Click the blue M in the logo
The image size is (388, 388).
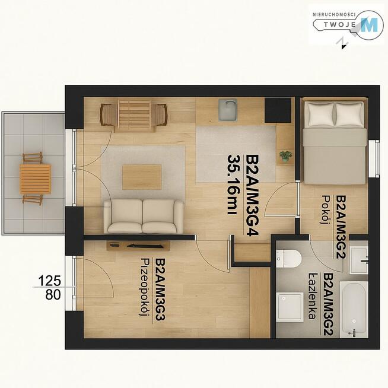(369, 25)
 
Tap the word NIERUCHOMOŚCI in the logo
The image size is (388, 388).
(334, 15)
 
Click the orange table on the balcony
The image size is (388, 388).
(36, 179)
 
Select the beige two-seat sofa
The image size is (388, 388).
(144, 217)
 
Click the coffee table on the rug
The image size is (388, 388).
(142, 177)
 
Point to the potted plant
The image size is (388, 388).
(286, 156)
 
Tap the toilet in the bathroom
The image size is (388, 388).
(288, 259)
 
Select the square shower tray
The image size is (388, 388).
(290, 307)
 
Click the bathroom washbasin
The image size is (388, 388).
(358, 261)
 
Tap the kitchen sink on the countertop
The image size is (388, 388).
(228, 110)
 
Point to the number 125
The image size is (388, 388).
(50, 281)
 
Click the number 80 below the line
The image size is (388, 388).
(53, 295)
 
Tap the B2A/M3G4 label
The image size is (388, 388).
(252, 195)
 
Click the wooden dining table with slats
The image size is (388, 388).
(134, 116)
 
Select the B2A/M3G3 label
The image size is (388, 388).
(160, 290)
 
